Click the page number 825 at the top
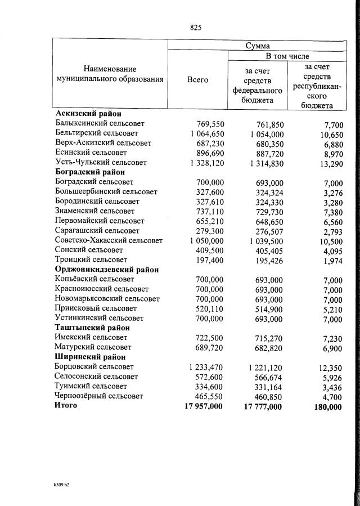click(x=196, y=27)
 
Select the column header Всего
click(x=197, y=80)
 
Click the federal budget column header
click(x=257, y=84)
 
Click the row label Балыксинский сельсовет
click(x=100, y=124)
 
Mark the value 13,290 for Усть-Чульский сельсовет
click(x=328, y=163)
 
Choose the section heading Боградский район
click(x=89, y=172)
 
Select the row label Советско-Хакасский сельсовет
click(x=109, y=241)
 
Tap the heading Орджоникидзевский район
click(x=106, y=270)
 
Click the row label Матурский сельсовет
click(x=93, y=348)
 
